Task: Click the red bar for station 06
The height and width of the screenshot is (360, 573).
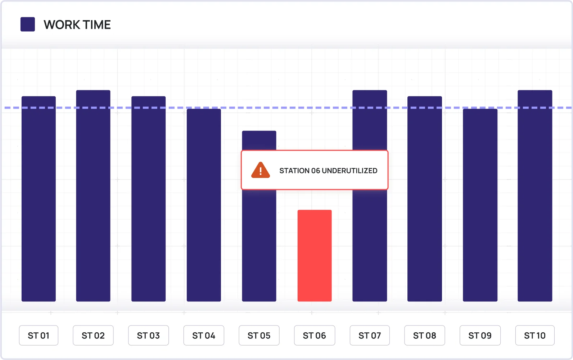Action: pyautogui.click(x=314, y=255)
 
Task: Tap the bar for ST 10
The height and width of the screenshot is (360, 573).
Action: pyautogui.click(x=534, y=196)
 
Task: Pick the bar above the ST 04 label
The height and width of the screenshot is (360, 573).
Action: pyautogui.click(x=204, y=205)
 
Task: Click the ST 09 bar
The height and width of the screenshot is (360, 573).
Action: pyautogui.click(x=480, y=205)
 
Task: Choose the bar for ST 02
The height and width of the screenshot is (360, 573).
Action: pyautogui.click(x=93, y=196)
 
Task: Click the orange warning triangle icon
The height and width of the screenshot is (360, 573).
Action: pyautogui.click(x=261, y=170)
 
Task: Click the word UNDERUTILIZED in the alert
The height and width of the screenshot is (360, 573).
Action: pyautogui.click(x=349, y=171)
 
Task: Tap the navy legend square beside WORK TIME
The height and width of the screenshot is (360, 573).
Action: pyautogui.click(x=28, y=24)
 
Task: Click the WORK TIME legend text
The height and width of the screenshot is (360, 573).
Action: pyautogui.click(x=77, y=25)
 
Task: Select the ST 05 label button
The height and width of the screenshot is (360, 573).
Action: pyautogui.click(x=259, y=336)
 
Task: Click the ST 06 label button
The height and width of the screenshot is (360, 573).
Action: pyautogui.click(x=314, y=336)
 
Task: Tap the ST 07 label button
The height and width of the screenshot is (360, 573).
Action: pyautogui.click(x=369, y=336)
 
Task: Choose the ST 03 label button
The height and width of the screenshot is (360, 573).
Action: pyautogui.click(x=148, y=336)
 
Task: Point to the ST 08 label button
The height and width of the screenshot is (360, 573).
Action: pyautogui.click(x=424, y=336)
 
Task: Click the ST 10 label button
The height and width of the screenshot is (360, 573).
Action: pyautogui.click(x=534, y=336)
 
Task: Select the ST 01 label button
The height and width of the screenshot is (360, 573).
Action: pyautogui.click(x=39, y=336)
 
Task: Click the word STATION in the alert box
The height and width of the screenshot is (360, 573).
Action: pyautogui.click(x=294, y=171)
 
